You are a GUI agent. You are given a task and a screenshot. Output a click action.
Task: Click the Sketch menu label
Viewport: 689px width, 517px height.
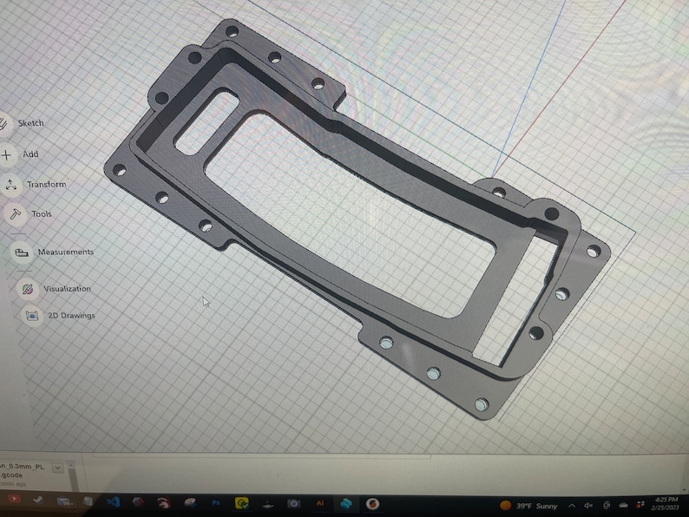point(31,123)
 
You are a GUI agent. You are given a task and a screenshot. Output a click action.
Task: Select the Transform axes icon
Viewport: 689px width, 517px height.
point(10,185)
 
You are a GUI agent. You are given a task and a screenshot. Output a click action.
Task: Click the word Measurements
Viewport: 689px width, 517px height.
point(65,252)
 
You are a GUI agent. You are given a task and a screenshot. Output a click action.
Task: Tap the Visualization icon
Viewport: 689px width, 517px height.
point(27,288)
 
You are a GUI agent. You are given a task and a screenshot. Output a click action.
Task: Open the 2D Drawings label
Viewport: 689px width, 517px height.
point(71,316)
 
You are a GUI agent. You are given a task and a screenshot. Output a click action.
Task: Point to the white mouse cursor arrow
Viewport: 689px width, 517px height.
point(206,301)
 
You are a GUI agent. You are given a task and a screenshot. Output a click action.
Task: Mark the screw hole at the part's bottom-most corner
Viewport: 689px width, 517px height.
point(480,405)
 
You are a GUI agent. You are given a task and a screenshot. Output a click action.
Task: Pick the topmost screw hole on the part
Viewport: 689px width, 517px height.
point(232,32)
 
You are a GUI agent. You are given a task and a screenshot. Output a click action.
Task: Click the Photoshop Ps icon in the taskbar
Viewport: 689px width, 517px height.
point(215,504)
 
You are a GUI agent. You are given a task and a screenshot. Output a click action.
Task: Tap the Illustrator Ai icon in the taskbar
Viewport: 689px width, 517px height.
point(319,503)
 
